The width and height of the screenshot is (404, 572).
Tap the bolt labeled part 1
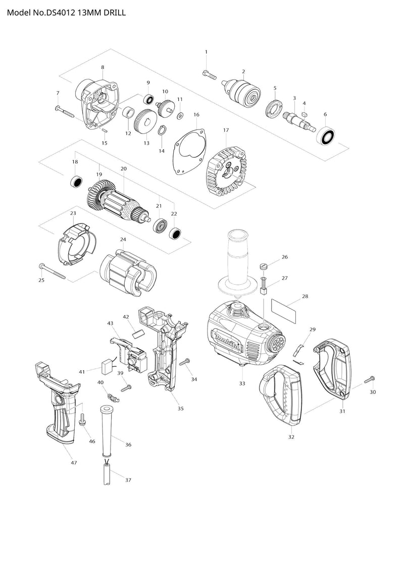coord(210,75)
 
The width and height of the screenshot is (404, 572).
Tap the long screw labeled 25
coord(52,271)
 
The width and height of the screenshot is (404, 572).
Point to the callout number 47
coord(74,463)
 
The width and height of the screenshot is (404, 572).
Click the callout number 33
coord(242,384)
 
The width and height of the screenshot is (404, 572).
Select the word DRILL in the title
coord(115,13)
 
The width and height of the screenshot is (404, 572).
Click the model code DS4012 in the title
coord(60,13)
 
